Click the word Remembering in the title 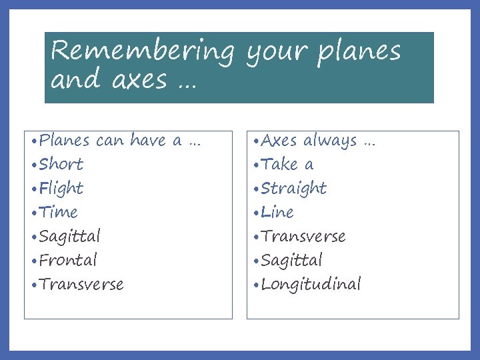(143, 52)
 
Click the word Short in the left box (61, 164)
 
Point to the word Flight (61, 189)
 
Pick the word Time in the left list (59, 213)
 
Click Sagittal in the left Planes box (70, 237)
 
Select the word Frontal (68, 260)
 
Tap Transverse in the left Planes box (81, 285)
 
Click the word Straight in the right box (294, 189)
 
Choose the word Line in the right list (277, 213)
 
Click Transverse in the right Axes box (303, 237)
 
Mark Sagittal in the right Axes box (292, 260)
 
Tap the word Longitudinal (311, 285)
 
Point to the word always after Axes (330, 141)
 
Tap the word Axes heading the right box (279, 141)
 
